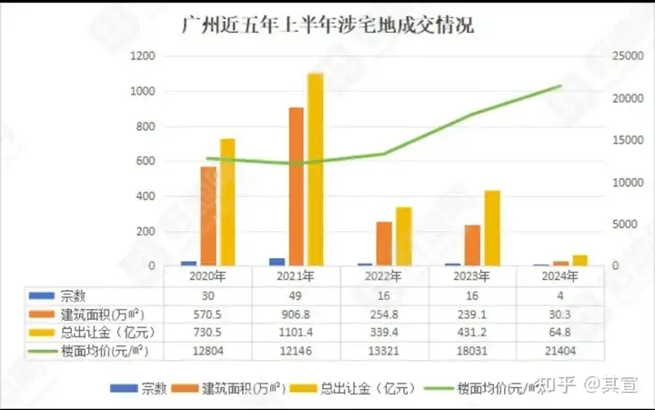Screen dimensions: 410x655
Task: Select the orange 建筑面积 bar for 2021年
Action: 297,186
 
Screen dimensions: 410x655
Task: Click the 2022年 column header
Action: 384,275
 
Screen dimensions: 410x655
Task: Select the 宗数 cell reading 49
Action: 296,295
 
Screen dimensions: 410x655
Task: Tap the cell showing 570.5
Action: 207,314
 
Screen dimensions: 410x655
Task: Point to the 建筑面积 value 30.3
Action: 560,314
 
